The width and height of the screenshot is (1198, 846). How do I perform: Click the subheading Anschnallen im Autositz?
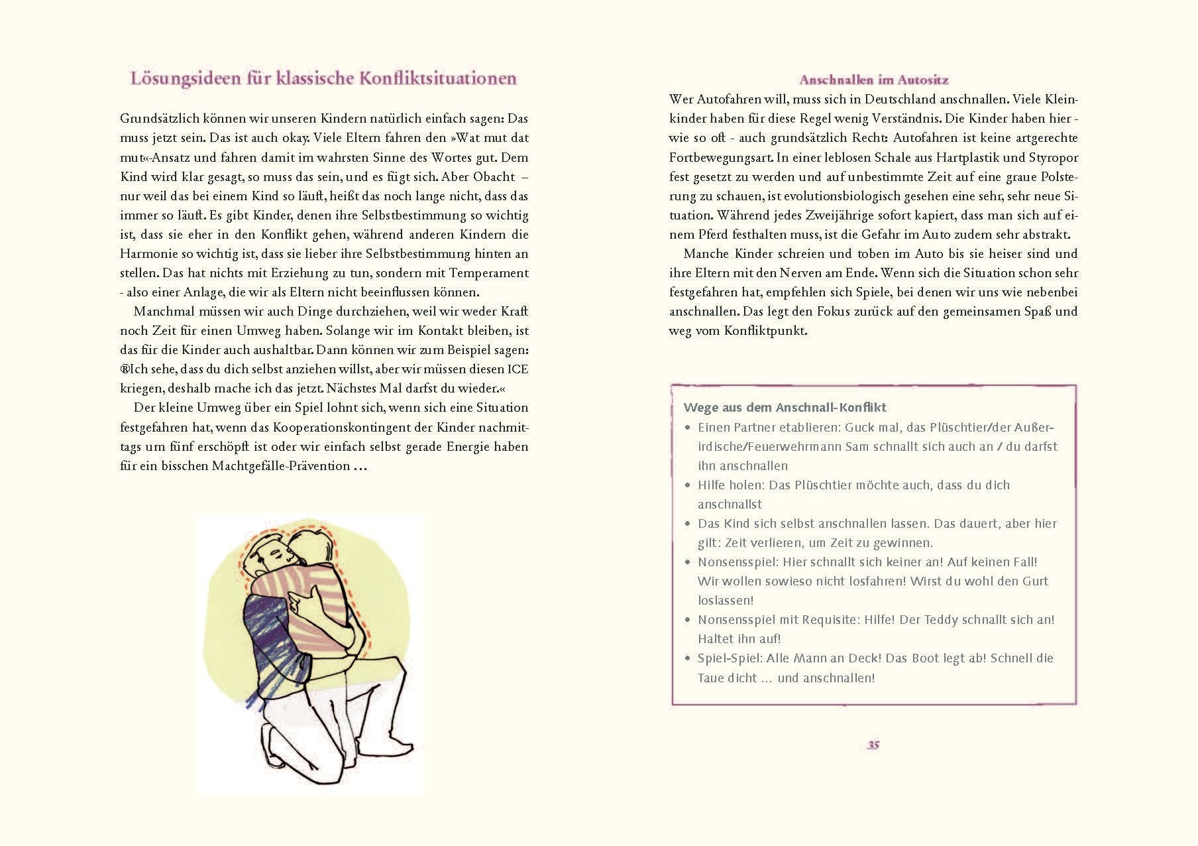874,80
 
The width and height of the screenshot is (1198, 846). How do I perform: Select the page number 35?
873,745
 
